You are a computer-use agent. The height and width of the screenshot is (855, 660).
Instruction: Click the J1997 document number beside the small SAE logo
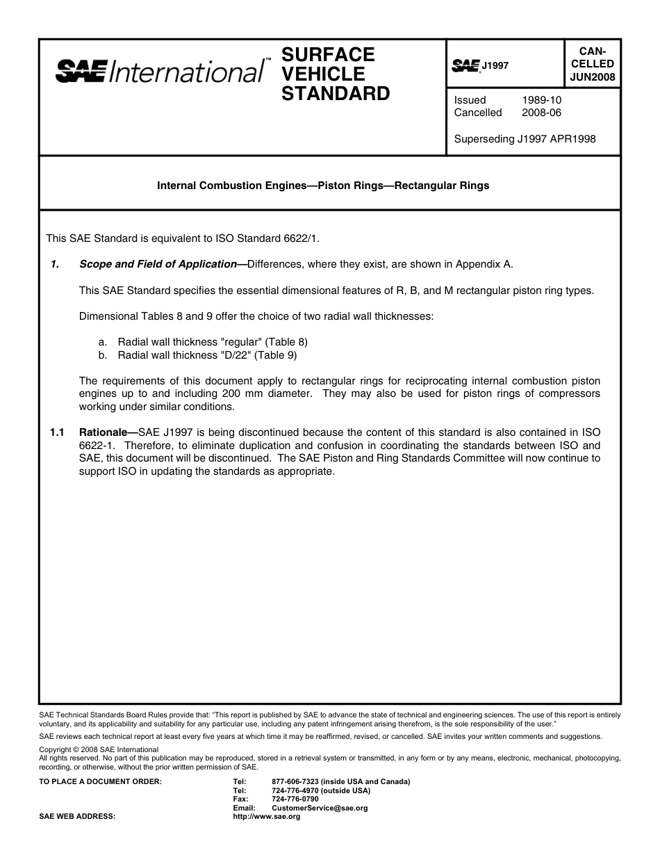pyautogui.click(x=495, y=65)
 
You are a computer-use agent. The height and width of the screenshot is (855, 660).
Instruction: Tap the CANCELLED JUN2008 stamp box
pyautogui.click(x=592, y=64)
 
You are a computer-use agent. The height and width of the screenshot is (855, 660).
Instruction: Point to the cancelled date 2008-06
pyautogui.click(x=541, y=113)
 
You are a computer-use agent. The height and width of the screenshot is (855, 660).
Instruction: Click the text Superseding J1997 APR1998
pyautogui.click(x=525, y=139)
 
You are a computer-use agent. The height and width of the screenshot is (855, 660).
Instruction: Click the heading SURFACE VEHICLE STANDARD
pyautogui.click(x=336, y=74)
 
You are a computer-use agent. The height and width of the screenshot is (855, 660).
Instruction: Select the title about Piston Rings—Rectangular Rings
pyautogui.click(x=323, y=186)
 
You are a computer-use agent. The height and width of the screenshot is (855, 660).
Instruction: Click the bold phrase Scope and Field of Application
pyautogui.click(x=158, y=264)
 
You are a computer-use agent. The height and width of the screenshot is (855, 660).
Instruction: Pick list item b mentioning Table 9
pyautogui.click(x=207, y=355)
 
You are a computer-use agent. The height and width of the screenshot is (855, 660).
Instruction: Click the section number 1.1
pyautogui.click(x=57, y=432)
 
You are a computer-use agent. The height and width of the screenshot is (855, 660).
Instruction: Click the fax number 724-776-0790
pyautogui.click(x=295, y=799)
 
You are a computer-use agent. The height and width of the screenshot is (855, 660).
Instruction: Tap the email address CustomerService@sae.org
pyautogui.click(x=320, y=808)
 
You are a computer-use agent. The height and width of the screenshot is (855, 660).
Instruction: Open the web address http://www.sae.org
pyautogui.click(x=266, y=817)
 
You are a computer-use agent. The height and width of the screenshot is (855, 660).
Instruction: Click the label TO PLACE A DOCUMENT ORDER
pyautogui.click(x=101, y=781)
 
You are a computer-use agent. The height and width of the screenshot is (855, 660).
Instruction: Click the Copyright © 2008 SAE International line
pyautogui.click(x=99, y=750)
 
